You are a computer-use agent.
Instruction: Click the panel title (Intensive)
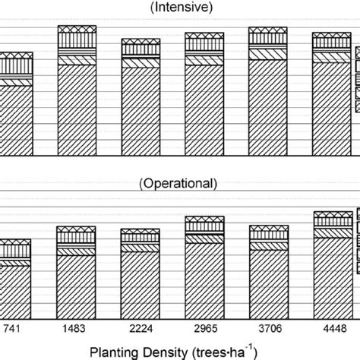178,8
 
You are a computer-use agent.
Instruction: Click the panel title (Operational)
178,183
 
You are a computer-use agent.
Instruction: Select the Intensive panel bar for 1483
77,91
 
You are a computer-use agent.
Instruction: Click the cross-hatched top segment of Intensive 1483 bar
77,30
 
